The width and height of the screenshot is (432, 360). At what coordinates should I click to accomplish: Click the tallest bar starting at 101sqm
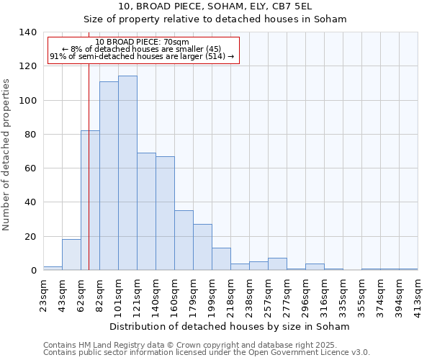coord(127,173)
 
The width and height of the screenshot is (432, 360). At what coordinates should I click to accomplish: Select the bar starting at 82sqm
coord(109,176)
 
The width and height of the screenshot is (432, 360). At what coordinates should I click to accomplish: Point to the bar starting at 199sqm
coord(221,259)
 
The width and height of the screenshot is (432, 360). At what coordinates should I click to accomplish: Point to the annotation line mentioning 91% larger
coord(142,56)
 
